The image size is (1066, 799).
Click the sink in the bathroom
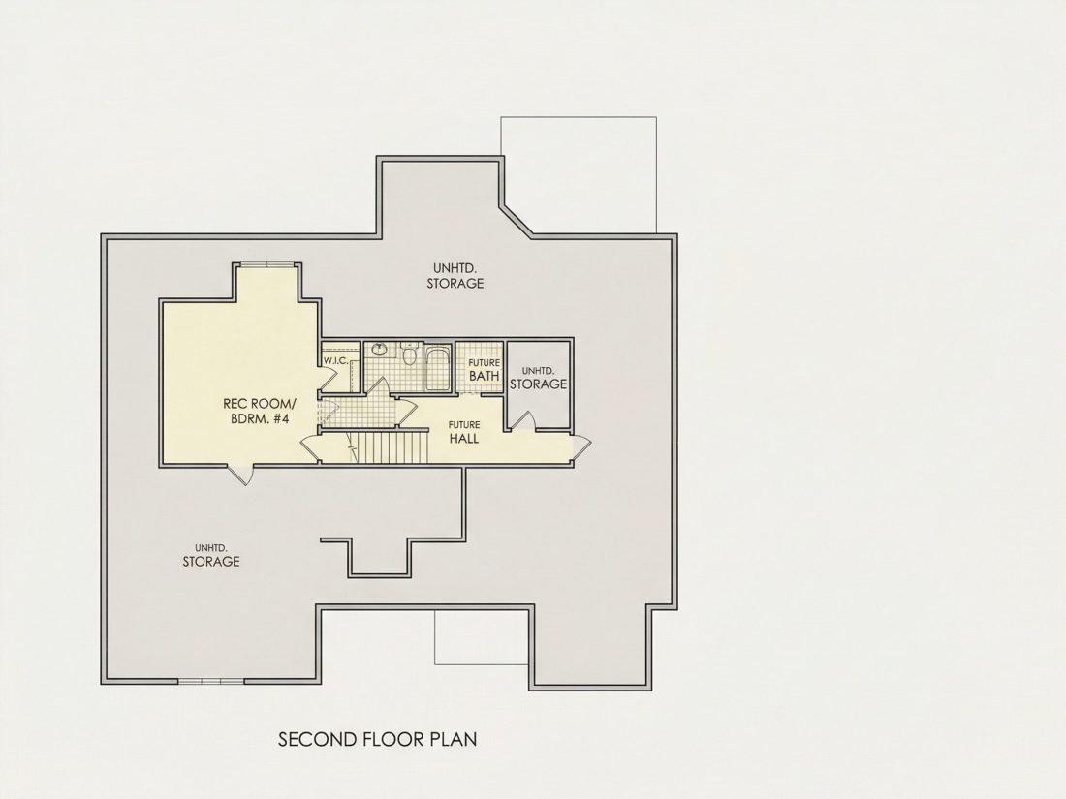coord(379,350)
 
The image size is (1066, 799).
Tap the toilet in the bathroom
coord(409,355)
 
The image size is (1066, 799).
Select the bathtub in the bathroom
coord(438,369)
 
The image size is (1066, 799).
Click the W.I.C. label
coord(335,361)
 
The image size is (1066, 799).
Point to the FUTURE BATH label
coord(484,370)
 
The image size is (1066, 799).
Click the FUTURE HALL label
coord(463,432)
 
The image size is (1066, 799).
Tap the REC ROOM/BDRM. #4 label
coord(260,411)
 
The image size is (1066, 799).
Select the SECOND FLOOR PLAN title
coord(377,739)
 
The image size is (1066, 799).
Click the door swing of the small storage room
coord(522,421)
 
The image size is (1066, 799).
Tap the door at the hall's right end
coord(582,446)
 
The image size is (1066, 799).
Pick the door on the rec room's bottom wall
coord(240,474)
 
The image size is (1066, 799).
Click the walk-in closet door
coord(333,377)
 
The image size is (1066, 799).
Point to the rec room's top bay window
coord(265,264)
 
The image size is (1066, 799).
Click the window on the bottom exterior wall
coord(210,680)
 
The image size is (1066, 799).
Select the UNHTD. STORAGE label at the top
coord(455,276)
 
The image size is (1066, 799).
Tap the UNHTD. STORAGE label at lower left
coord(210,555)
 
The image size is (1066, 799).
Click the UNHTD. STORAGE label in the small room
coord(539,378)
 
